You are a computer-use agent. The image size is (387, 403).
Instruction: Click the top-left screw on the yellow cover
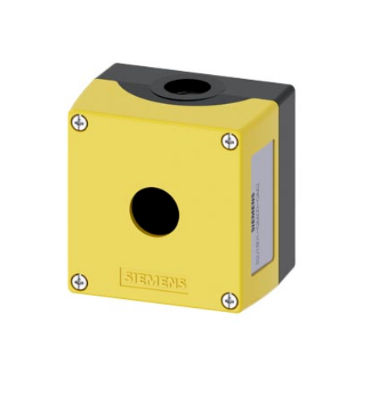pos(78,123)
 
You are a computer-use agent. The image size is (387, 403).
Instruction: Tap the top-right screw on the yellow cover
pos(230,141)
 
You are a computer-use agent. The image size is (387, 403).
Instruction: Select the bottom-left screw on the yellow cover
pos(78,281)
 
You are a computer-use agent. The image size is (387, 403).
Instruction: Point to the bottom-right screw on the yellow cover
pos(230,301)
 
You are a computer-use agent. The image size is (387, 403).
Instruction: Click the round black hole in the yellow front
pos(154,212)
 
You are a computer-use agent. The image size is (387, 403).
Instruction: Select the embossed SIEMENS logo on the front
pos(154,280)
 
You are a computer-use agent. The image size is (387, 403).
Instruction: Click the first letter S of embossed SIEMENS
pos(127,277)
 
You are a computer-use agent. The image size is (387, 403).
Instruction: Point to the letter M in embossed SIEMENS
pos(155,280)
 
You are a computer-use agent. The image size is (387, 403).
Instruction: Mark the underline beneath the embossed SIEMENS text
pos(154,289)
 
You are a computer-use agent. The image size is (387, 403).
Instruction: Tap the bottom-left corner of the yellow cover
pos(70,293)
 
